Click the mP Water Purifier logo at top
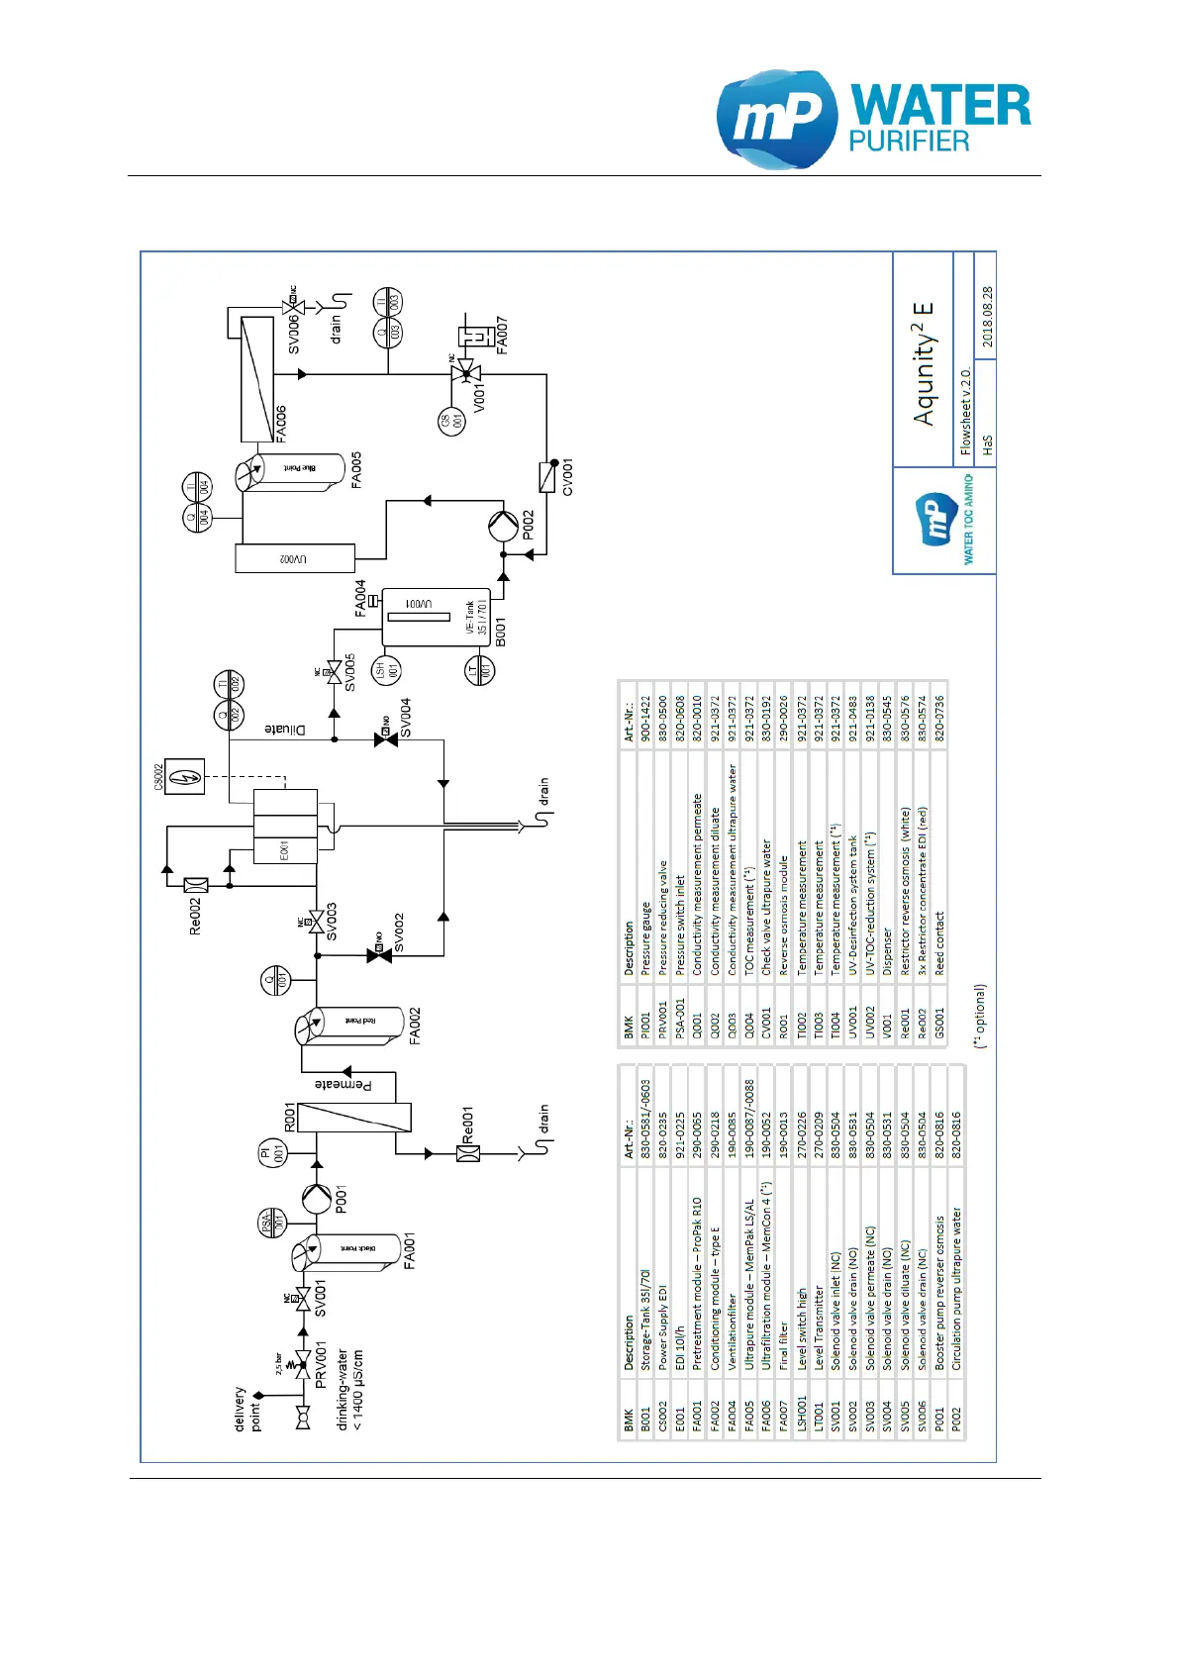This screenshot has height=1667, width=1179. click(873, 119)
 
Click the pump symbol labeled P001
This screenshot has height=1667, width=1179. click(317, 1199)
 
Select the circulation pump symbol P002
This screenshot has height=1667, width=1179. click(503, 525)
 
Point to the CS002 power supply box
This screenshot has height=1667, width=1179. click(184, 777)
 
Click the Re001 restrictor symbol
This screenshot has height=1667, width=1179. click(468, 1153)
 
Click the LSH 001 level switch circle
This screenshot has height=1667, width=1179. click(385, 670)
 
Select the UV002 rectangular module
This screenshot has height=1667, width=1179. click(294, 558)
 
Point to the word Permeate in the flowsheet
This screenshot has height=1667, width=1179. click(344, 1085)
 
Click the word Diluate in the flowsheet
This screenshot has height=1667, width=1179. click(285, 730)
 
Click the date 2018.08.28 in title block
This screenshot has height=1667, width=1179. click(987, 317)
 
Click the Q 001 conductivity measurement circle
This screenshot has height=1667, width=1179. click(275, 981)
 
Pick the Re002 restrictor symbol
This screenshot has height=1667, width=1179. click(196, 884)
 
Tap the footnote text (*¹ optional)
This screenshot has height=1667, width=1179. click(979, 1016)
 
